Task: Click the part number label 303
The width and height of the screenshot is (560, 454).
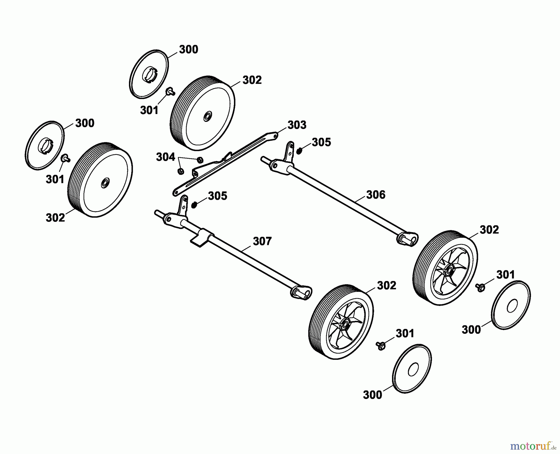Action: [296, 125]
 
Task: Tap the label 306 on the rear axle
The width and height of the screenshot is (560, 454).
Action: [376, 195]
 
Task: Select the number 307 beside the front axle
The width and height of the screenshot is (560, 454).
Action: [262, 241]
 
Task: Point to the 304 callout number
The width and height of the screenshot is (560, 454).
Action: [165, 157]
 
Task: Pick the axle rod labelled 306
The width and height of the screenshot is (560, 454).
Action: [342, 202]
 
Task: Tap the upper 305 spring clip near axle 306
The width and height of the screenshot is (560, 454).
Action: [300, 151]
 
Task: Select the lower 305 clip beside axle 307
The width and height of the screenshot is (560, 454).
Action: [194, 205]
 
